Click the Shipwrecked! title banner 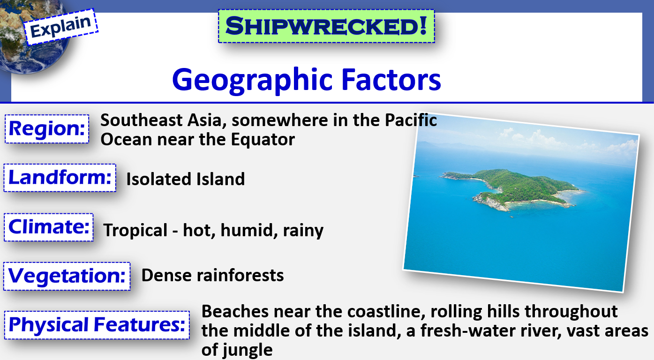tap(326, 26)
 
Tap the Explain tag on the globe tap(61, 27)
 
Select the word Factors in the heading tap(391, 79)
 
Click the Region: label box tap(47, 129)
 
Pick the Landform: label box tap(60, 178)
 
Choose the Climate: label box tap(49, 227)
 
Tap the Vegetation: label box tap(67, 276)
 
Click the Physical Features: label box tap(97, 325)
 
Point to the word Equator tap(263, 140)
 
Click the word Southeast tap(142, 120)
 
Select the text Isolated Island tap(185, 179)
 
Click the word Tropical tap(135, 231)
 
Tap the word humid tap(247, 230)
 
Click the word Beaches tap(235, 312)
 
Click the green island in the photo tap(514, 188)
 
